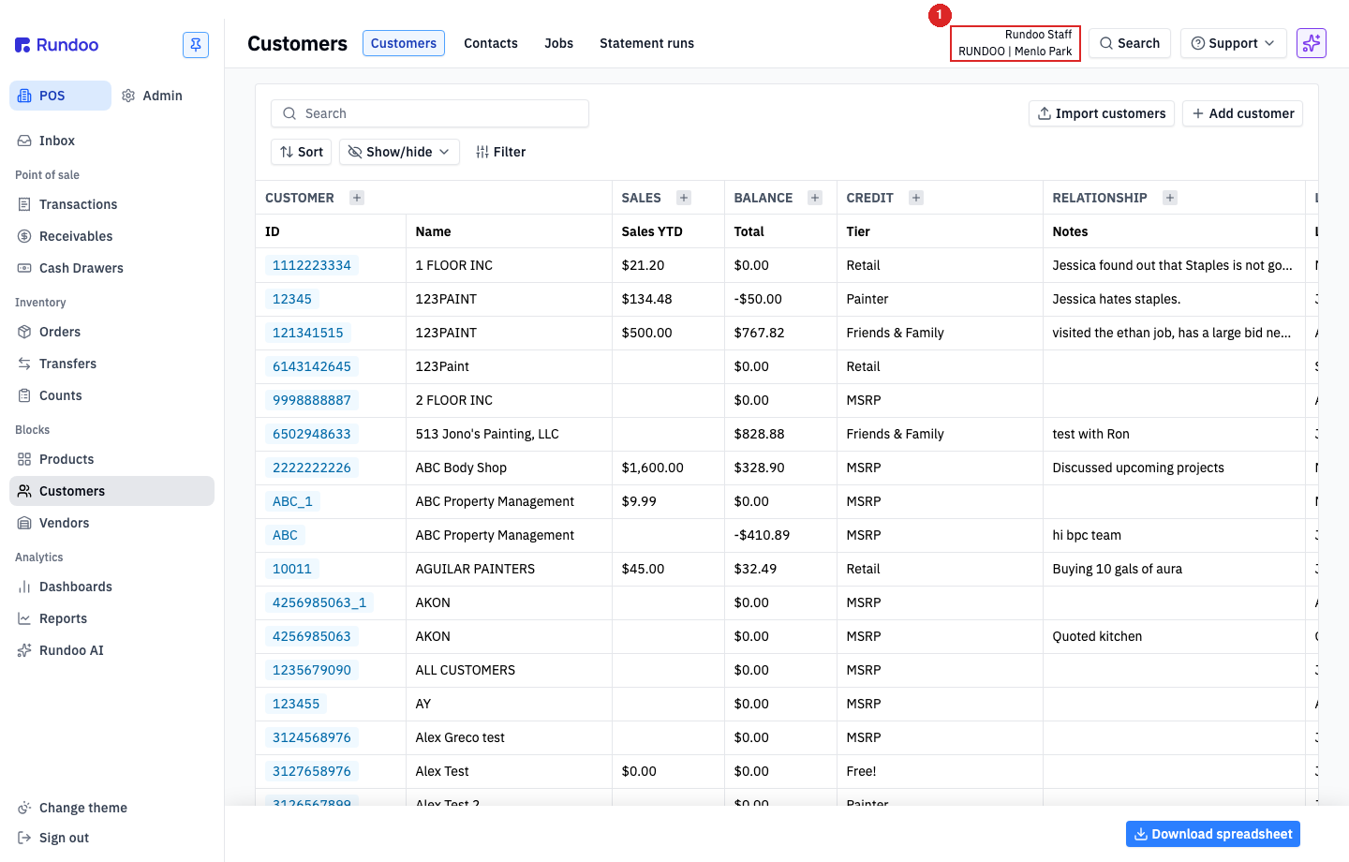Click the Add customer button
(1242, 113)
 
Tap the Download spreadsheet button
(1213, 834)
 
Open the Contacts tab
(490, 43)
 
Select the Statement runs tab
(646, 43)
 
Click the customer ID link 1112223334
(311, 265)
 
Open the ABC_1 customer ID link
(292, 501)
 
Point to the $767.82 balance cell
(759, 333)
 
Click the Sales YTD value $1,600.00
(652, 468)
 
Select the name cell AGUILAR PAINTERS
(475, 569)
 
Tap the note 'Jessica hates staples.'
(1116, 299)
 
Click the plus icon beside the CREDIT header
(915, 198)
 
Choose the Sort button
(301, 152)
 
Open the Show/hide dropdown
(399, 152)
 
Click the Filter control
(500, 152)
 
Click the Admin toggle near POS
(152, 96)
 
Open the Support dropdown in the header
(1233, 43)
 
